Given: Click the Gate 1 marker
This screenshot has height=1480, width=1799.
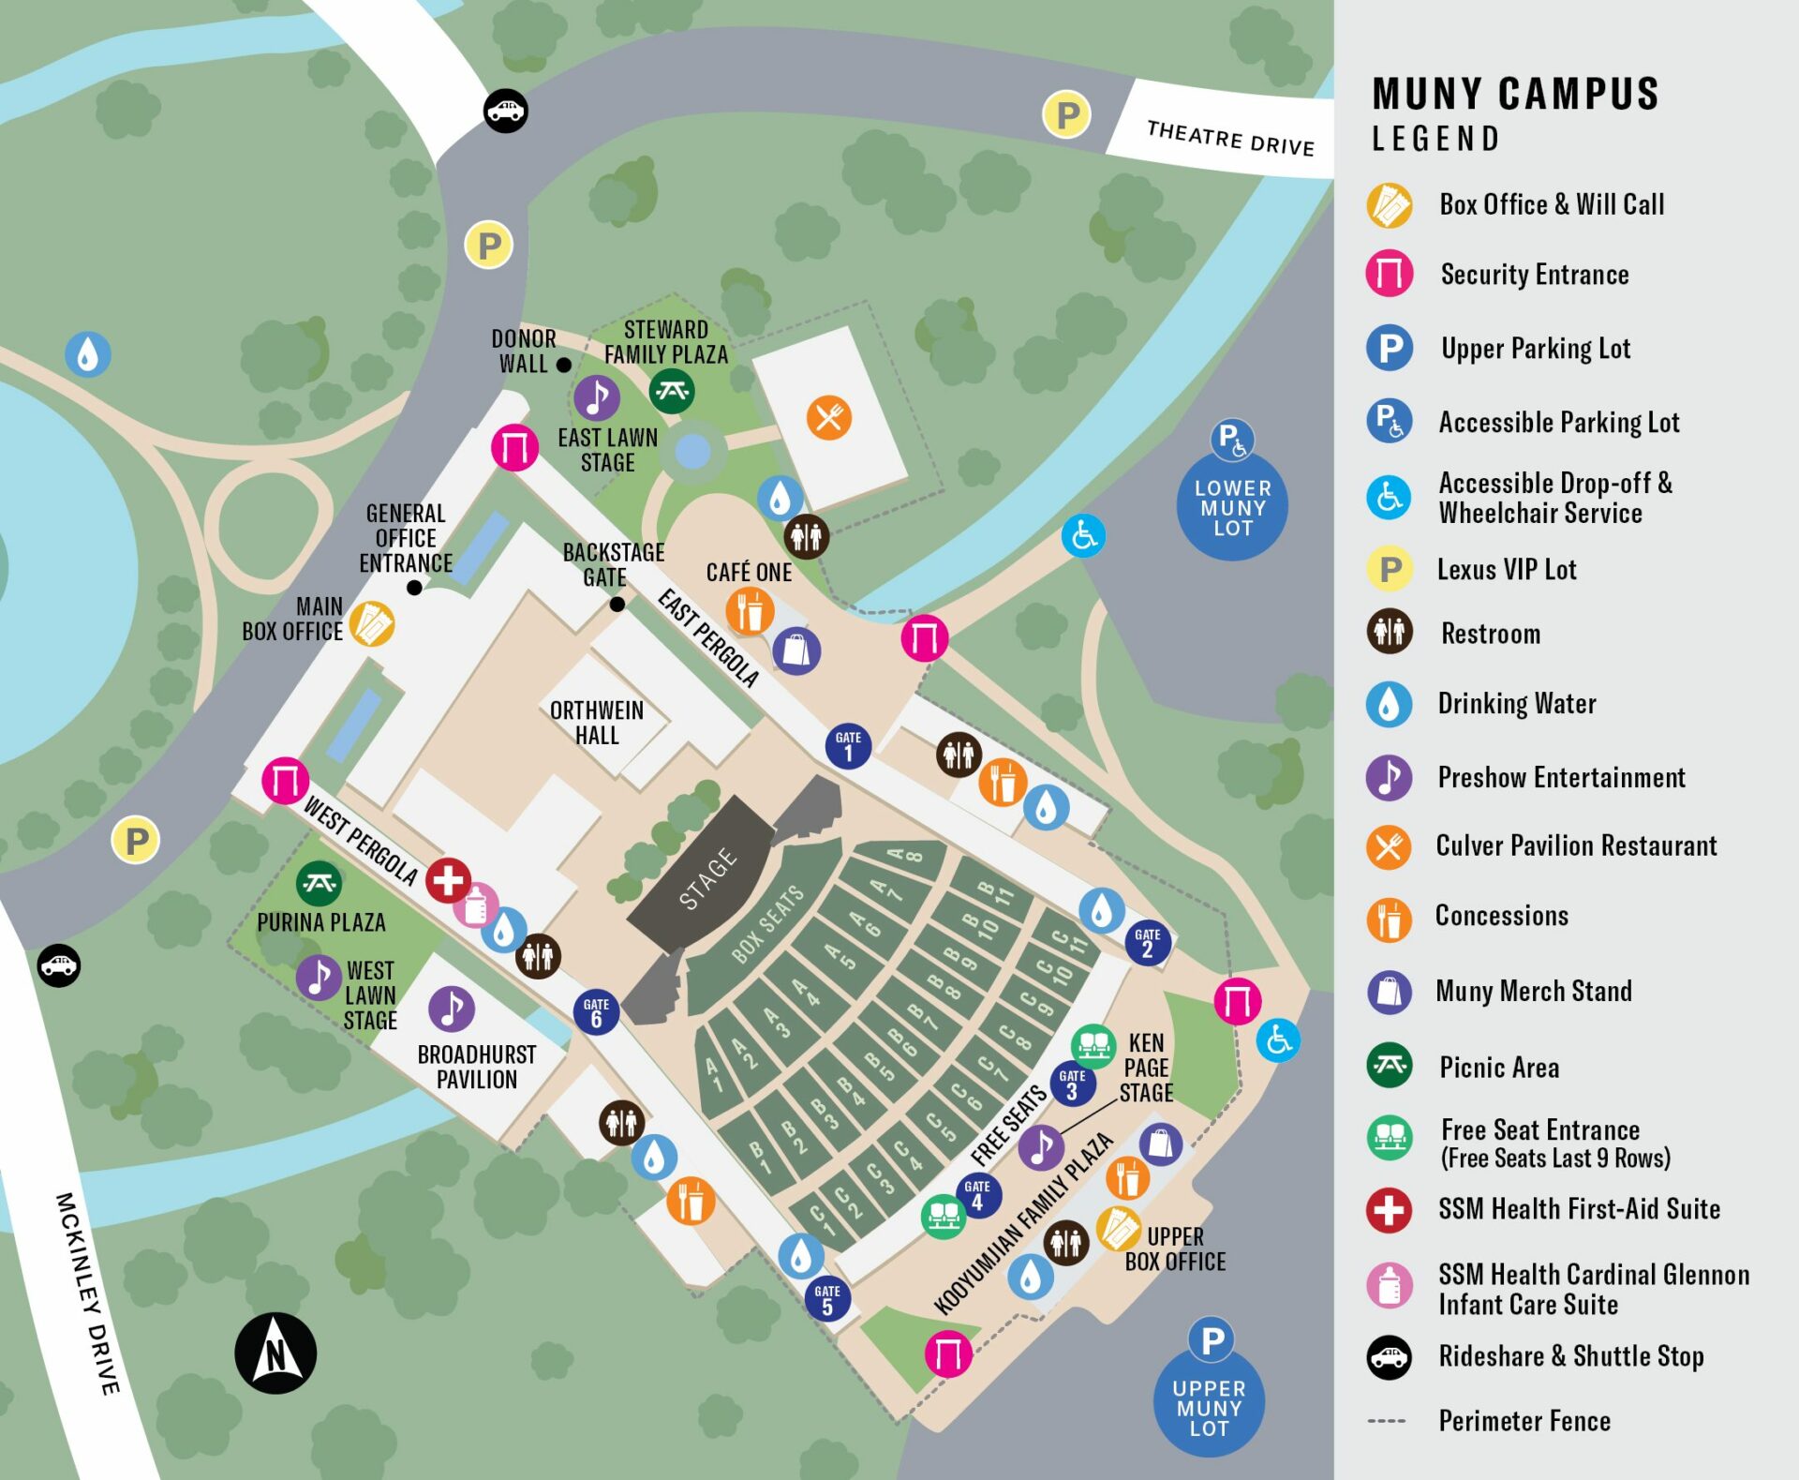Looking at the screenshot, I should coord(848,746).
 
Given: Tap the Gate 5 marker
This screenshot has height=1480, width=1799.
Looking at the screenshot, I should coord(827,1299).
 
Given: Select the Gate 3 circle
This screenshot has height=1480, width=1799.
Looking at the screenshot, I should coord(1072,1084).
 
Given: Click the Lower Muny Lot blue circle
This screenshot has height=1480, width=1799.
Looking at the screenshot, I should coord(1232,507).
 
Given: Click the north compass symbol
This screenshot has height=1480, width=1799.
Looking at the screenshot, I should coord(275,1353).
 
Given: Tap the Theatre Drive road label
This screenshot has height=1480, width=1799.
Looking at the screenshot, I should coord(1230,138).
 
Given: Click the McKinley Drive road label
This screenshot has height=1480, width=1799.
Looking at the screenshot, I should coord(87,1293).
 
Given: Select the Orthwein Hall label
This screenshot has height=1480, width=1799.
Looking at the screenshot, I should coord(597,723).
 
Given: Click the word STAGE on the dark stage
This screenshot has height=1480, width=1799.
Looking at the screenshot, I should coord(707,878).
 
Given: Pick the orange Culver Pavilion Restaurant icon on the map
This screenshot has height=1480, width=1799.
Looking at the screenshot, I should coord(829,418).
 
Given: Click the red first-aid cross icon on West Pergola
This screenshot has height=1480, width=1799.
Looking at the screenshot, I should coord(448,880).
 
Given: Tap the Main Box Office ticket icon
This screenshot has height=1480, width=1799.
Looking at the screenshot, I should coord(372,624).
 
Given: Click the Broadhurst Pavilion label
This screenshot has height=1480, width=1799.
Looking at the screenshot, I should coord(476,1067).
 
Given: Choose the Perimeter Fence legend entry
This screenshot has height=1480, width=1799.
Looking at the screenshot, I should coord(1524,1421).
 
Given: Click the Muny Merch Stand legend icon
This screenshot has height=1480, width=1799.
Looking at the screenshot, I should coord(1389,992).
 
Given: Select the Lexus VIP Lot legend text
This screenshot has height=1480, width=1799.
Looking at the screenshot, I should coord(1506,570).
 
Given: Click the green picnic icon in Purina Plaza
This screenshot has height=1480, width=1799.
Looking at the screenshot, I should coord(319,883).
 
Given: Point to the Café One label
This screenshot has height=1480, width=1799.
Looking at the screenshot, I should coord(749,573).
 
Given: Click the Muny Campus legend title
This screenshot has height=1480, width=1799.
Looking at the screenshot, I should coord(1515,95).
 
